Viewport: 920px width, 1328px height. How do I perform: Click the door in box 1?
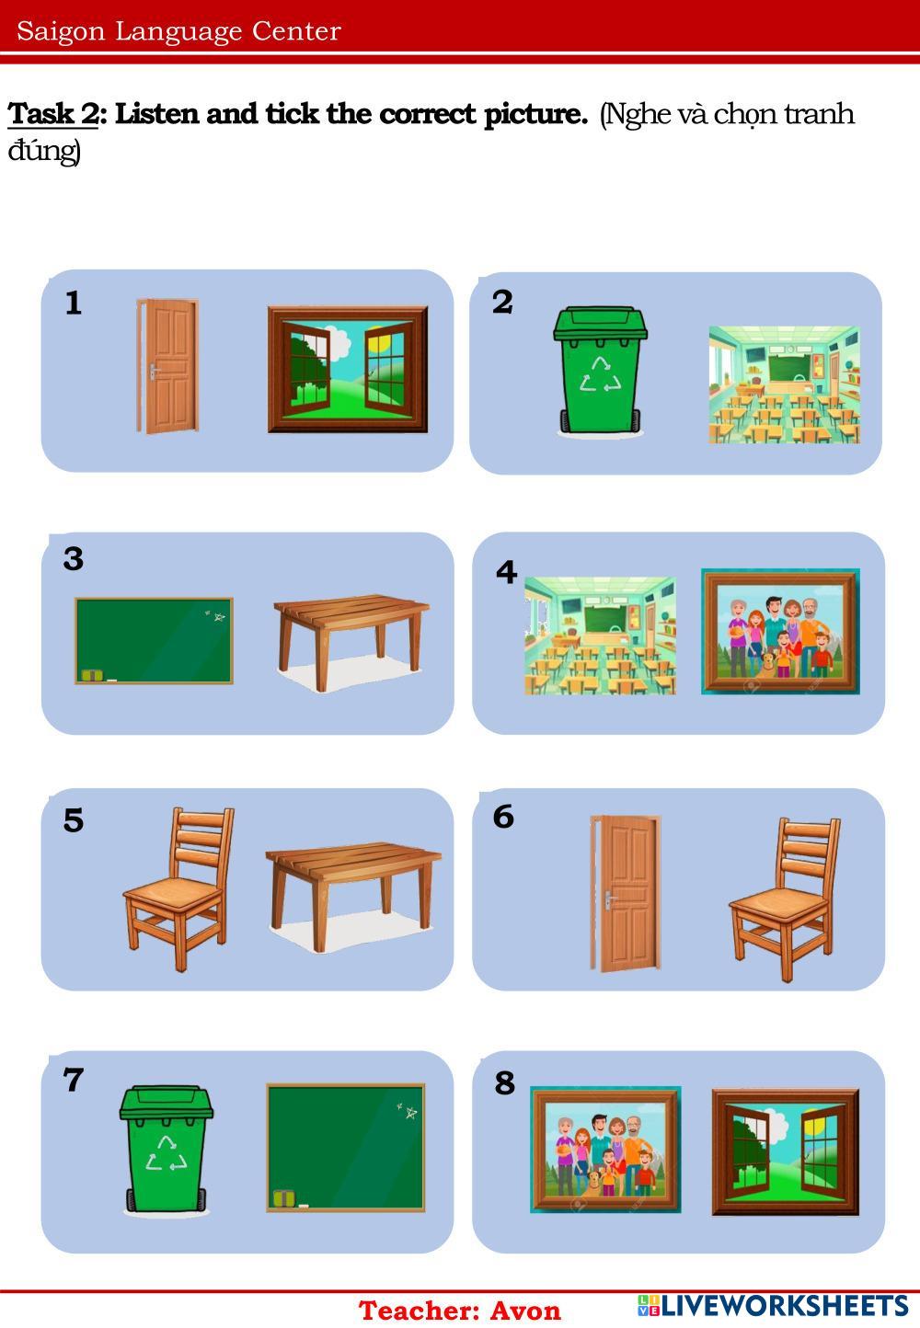167,366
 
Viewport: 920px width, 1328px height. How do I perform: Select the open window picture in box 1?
348,369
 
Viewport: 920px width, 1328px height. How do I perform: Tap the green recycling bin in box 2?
600,370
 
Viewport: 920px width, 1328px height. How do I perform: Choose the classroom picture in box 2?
784,384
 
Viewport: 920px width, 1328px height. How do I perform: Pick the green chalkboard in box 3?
154,641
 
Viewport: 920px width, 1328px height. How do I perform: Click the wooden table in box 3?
351,643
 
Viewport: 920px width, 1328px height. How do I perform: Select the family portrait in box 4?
780,632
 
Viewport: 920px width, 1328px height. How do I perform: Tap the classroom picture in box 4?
600,635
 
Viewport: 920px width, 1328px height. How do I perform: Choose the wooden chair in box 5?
178,888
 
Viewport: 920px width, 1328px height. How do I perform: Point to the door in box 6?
626,893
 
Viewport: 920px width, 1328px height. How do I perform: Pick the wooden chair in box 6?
784,899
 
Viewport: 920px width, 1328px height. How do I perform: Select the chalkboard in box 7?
346,1148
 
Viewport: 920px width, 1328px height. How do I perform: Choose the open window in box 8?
786,1151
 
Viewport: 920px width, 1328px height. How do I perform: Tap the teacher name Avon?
525,1311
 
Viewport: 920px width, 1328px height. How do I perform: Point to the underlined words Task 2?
52,113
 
